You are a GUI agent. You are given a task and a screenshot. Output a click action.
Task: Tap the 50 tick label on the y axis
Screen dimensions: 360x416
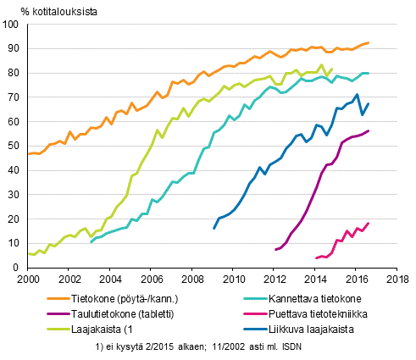click(16, 147)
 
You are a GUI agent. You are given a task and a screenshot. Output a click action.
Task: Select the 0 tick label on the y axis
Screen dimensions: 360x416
click(19, 268)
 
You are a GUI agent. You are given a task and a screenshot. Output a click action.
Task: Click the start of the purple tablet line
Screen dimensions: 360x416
click(275, 249)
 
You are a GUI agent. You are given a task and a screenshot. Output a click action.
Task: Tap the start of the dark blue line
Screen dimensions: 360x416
click(214, 228)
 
